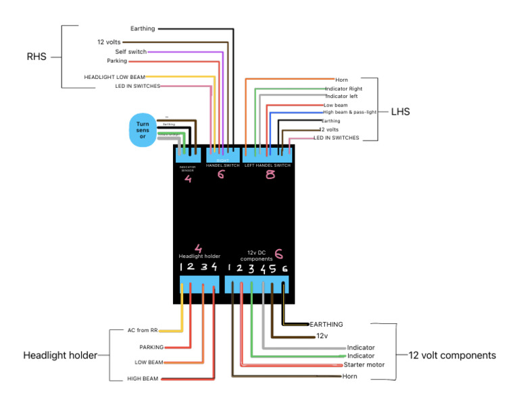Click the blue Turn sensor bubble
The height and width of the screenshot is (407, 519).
tap(143, 130)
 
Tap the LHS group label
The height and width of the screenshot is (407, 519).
tap(401, 111)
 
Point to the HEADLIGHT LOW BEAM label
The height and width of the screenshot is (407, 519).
tap(114, 77)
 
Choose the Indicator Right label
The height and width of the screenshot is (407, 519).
tap(343, 88)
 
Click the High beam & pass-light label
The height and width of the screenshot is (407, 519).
tap(350, 112)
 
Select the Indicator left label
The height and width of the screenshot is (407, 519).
tap(341, 97)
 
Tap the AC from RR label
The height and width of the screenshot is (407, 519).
tap(143, 331)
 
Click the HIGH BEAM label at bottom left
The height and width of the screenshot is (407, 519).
tap(143, 379)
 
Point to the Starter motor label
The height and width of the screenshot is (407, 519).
tap(364, 364)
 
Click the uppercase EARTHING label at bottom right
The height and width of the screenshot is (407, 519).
tap(326, 325)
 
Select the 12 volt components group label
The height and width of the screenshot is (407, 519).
tap(452, 355)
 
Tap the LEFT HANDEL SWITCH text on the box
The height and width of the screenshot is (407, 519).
tap(267, 165)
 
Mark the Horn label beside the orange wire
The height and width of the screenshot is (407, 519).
tap(342, 80)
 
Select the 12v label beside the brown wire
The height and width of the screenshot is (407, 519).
tap(322, 335)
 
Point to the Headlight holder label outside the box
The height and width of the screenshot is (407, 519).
tap(60, 355)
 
